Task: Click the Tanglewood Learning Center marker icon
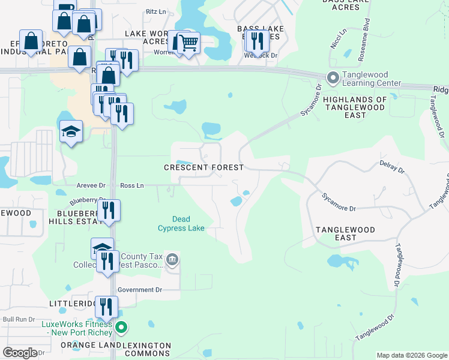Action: (x=332, y=77)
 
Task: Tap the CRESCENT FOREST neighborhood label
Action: (x=204, y=167)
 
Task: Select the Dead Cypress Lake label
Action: (x=181, y=224)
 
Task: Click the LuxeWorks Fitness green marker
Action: (x=122, y=328)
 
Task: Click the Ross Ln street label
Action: (x=132, y=186)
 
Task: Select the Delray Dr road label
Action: (x=392, y=167)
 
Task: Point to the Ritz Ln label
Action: (x=156, y=11)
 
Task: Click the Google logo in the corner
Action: (x=20, y=353)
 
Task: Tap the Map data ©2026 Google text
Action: (x=411, y=355)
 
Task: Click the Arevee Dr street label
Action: (x=91, y=186)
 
